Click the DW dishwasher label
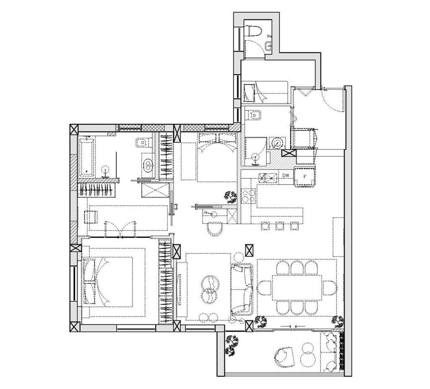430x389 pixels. (286, 175)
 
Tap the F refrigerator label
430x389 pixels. (305, 177)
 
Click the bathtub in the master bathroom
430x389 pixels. (87, 158)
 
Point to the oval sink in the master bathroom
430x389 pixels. (148, 165)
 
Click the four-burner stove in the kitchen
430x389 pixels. (248, 195)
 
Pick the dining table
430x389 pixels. (297, 287)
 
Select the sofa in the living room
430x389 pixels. (241, 289)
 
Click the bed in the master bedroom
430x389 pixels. (107, 282)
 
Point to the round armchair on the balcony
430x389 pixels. (284, 357)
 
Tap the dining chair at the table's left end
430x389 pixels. (264, 287)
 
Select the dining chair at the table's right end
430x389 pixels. (330, 287)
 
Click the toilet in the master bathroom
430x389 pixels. (144, 143)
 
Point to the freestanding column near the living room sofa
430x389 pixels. (249, 251)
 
